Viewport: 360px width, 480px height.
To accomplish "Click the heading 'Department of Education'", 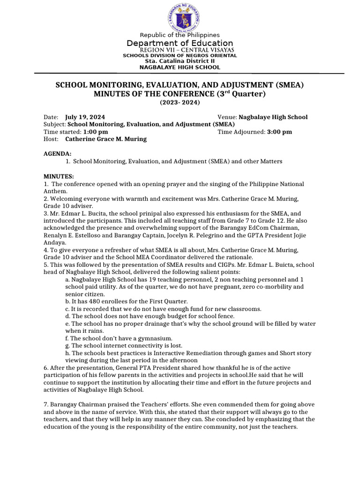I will pyautogui.click(x=180, y=43).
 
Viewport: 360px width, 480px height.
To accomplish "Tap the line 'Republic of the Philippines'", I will pyautogui.click(x=180, y=35).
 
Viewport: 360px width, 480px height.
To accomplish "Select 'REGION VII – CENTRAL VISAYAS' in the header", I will pyautogui.click(x=187, y=50).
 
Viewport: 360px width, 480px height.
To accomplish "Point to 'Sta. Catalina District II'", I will pyautogui.click(x=180, y=61).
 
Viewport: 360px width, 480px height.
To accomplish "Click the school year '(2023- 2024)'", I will pyautogui.click(x=180, y=102).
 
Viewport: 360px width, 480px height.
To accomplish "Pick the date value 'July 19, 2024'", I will pyautogui.click(x=85, y=117).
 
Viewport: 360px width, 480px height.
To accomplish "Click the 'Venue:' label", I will pyautogui.click(x=227, y=117).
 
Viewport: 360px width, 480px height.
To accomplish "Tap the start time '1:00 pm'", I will pyautogui.click(x=96, y=132).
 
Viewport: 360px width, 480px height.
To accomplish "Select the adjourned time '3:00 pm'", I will pyautogui.click(x=279, y=132).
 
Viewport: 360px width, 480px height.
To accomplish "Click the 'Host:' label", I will pyautogui.click(x=51, y=139).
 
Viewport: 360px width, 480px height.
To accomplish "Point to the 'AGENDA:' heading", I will pyautogui.click(x=58, y=154).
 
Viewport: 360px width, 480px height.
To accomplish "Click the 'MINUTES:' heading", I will pyautogui.click(x=59, y=176).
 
